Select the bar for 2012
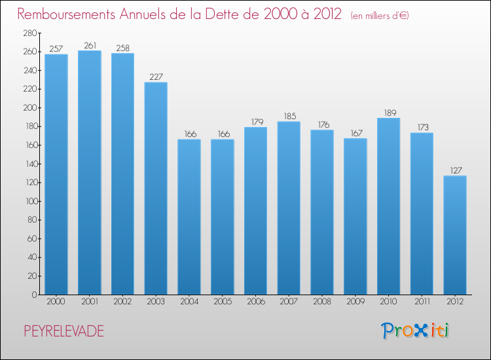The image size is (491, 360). point(455,235)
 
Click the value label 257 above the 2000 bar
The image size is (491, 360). point(56,48)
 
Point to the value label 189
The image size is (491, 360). point(388,113)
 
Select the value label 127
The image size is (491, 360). point(455,170)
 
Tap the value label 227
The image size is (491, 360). point(156,77)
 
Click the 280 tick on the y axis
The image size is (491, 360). point(30,33)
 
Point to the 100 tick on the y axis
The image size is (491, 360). point(30,201)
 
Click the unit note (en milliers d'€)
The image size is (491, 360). point(379,15)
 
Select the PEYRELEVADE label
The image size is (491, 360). point(62,331)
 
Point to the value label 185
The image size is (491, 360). point(289,117)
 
